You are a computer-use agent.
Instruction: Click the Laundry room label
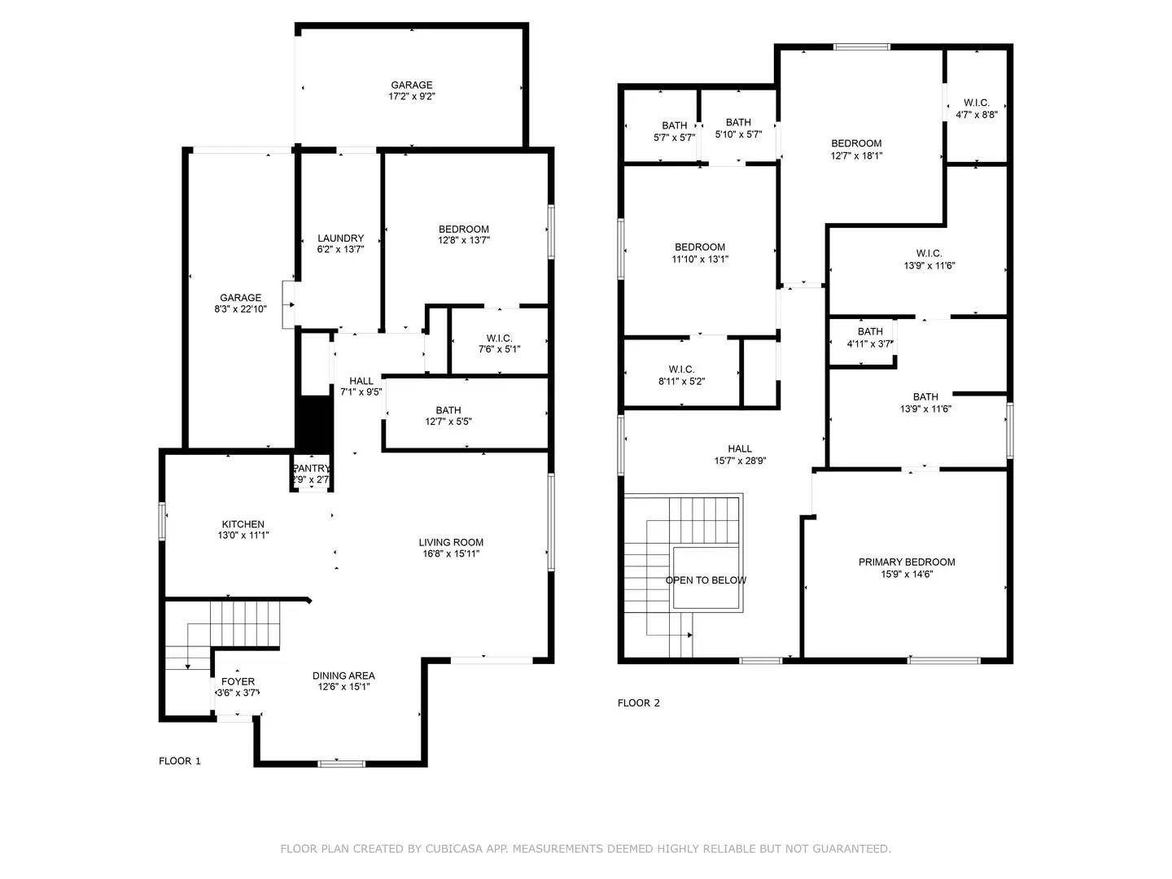[340, 238]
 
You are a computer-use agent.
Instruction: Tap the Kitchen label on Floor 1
[243, 524]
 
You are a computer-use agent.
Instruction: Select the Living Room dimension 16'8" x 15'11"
[451, 554]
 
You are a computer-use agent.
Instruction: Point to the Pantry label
[311, 469]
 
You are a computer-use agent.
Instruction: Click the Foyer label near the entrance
[238, 681]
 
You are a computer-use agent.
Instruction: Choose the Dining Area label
[343, 676]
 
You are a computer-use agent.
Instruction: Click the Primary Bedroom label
[907, 562]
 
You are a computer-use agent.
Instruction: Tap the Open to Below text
[706, 580]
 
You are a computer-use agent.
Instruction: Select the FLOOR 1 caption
[179, 761]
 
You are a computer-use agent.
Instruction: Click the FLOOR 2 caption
[638, 703]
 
